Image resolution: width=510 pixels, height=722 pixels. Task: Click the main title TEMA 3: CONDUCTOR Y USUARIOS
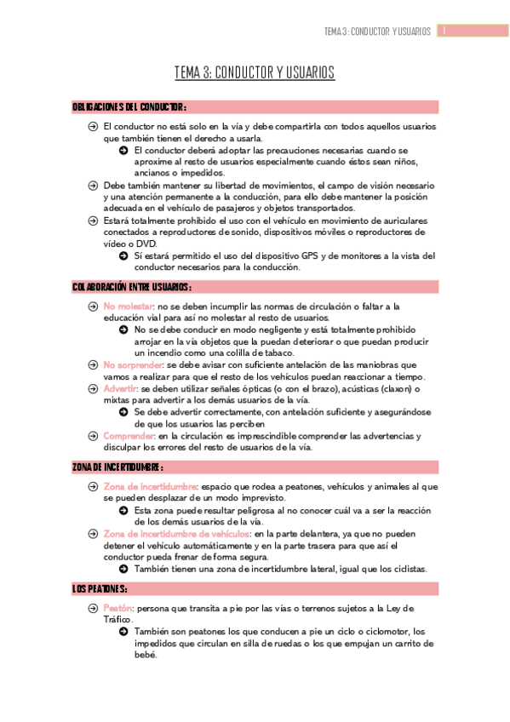coord(255,73)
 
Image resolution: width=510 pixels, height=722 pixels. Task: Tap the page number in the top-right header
coord(444,32)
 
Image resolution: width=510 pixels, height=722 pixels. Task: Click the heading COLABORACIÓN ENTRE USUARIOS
coord(132,288)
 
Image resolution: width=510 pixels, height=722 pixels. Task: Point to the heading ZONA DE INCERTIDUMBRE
coord(117,467)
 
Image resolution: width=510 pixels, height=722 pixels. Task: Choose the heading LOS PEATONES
coord(100,588)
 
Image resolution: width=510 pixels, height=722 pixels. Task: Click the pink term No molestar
coord(129,306)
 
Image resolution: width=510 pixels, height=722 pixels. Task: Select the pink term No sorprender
coord(133,365)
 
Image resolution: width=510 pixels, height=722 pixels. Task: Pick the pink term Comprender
coord(129,436)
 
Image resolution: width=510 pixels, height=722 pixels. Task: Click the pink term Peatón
coord(117,608)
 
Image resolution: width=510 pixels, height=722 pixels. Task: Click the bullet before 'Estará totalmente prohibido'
coord(93,220)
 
